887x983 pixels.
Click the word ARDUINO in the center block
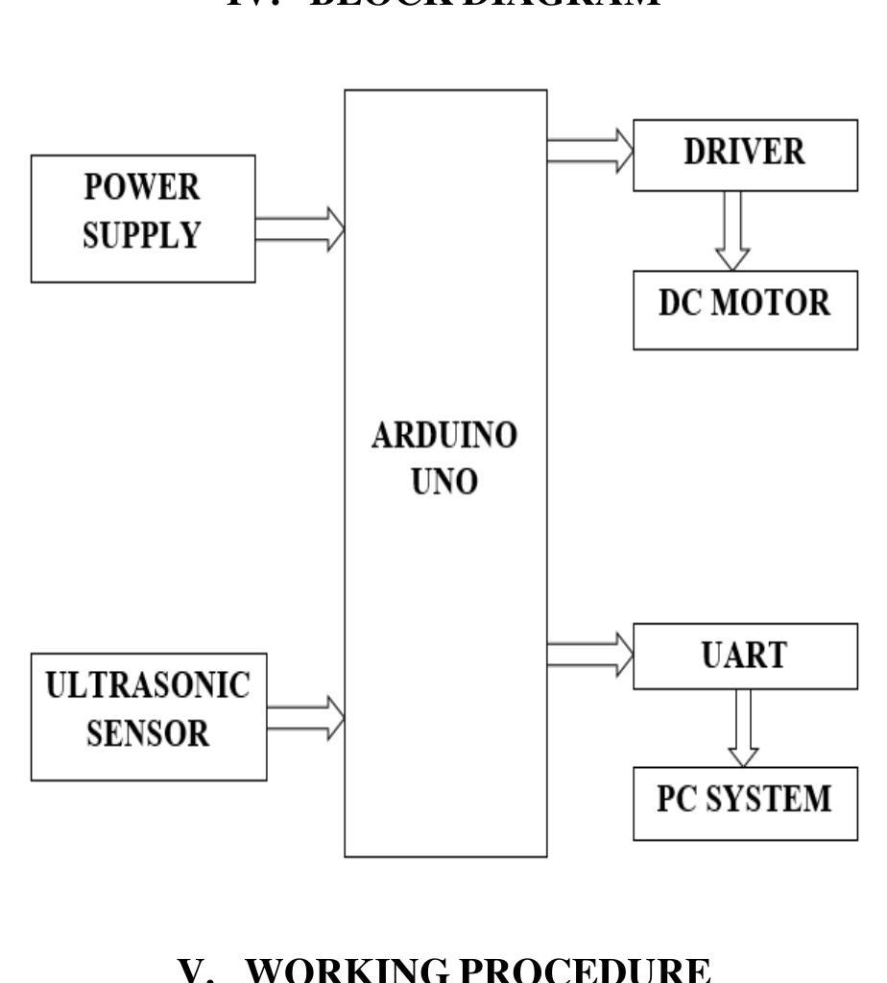445,437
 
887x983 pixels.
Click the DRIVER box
745,154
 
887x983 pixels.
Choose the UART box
745,656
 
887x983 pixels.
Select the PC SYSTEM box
745,800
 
